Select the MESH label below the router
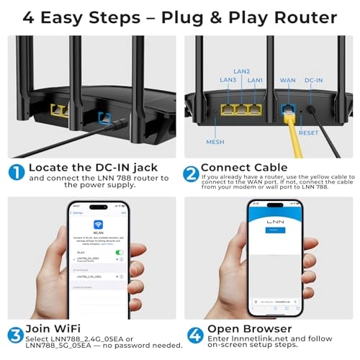pyautogui.click(x=215, y=142)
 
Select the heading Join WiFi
pyautogui.click(x=57, y=331)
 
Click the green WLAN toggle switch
pyautogui.click(x=120, y=252)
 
